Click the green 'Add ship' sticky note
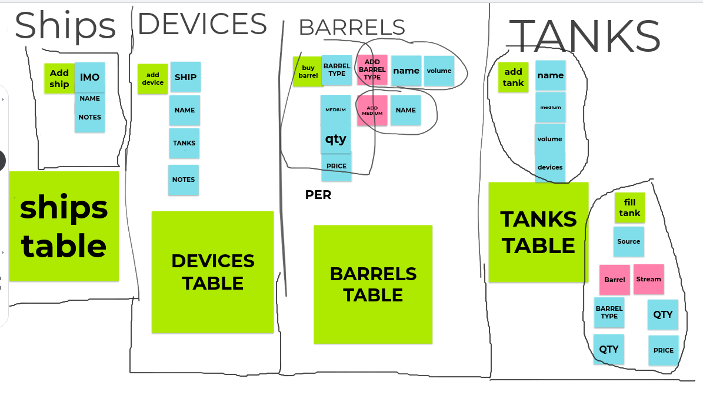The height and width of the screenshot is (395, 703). tap(59, 78)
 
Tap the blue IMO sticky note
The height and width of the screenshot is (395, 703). tap(90, 77)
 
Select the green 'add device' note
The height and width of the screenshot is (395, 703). tap(153, 79)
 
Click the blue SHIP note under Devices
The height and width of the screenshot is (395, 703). tap(185, 77)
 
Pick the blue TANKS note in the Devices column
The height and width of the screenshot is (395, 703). tap(184, 143)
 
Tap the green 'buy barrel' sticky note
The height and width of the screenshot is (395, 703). tap(307, 72)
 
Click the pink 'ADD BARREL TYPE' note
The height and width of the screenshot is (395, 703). tap(372, 70)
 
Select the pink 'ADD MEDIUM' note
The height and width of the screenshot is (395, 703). tap(372, 110)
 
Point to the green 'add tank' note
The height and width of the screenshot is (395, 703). tap(513, 77)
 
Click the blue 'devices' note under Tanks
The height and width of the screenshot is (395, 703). tap(550, 167)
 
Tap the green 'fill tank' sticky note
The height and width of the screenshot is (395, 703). tap(629, 207)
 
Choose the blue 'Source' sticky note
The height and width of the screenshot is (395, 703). tap(628, 241)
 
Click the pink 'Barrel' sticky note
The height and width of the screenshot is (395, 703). tap(615, 280)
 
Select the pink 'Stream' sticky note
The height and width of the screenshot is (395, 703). tap(648, 279)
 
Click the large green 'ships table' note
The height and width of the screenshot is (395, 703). tap(64, 226)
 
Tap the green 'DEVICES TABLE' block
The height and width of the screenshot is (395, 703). tap(212, 271)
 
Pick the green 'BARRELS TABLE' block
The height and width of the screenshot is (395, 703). tap(373, 284)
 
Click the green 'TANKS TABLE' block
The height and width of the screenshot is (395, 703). tap(538, 232)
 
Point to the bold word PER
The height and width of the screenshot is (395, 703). tap(318, 195)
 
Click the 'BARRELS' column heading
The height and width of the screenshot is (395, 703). tap(352, 27)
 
